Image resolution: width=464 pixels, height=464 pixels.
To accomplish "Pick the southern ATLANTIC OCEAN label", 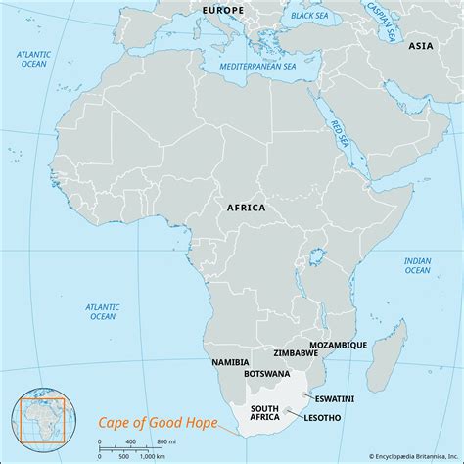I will coord(103,310).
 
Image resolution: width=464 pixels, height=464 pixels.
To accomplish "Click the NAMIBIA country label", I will coord(230,363).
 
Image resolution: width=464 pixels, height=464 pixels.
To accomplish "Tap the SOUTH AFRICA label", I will coord(266,413).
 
